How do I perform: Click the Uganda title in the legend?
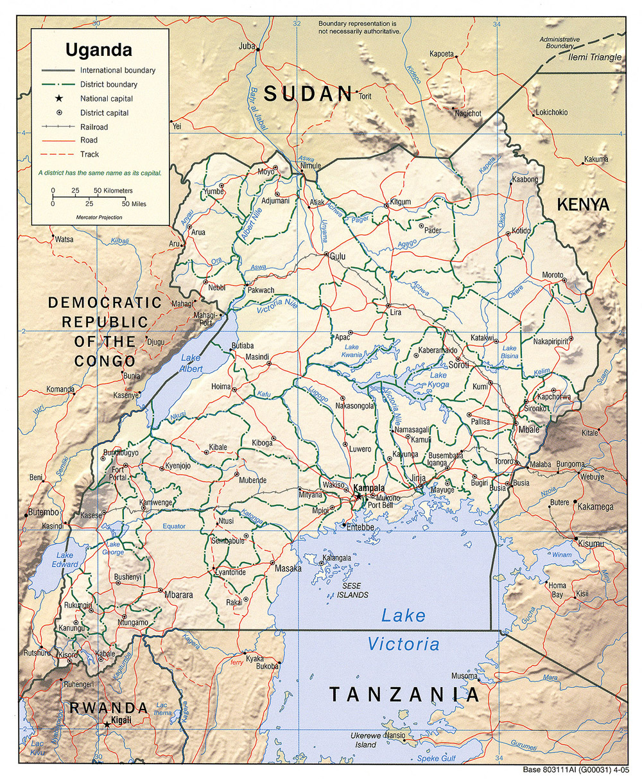98,50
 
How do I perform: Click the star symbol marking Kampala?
358,496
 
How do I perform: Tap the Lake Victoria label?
403,629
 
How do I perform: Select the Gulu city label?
338,256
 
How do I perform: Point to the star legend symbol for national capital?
59,98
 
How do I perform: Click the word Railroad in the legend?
94,127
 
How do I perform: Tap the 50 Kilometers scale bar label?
113,191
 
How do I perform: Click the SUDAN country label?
309,94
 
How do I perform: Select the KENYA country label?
582,205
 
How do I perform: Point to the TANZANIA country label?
404,694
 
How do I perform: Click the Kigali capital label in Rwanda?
121,720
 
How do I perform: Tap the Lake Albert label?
191,363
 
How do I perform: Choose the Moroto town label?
552,275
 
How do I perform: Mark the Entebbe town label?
360,527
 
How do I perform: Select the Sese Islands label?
354,591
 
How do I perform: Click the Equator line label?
173,527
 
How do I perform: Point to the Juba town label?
247,46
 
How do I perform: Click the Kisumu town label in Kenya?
591,544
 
